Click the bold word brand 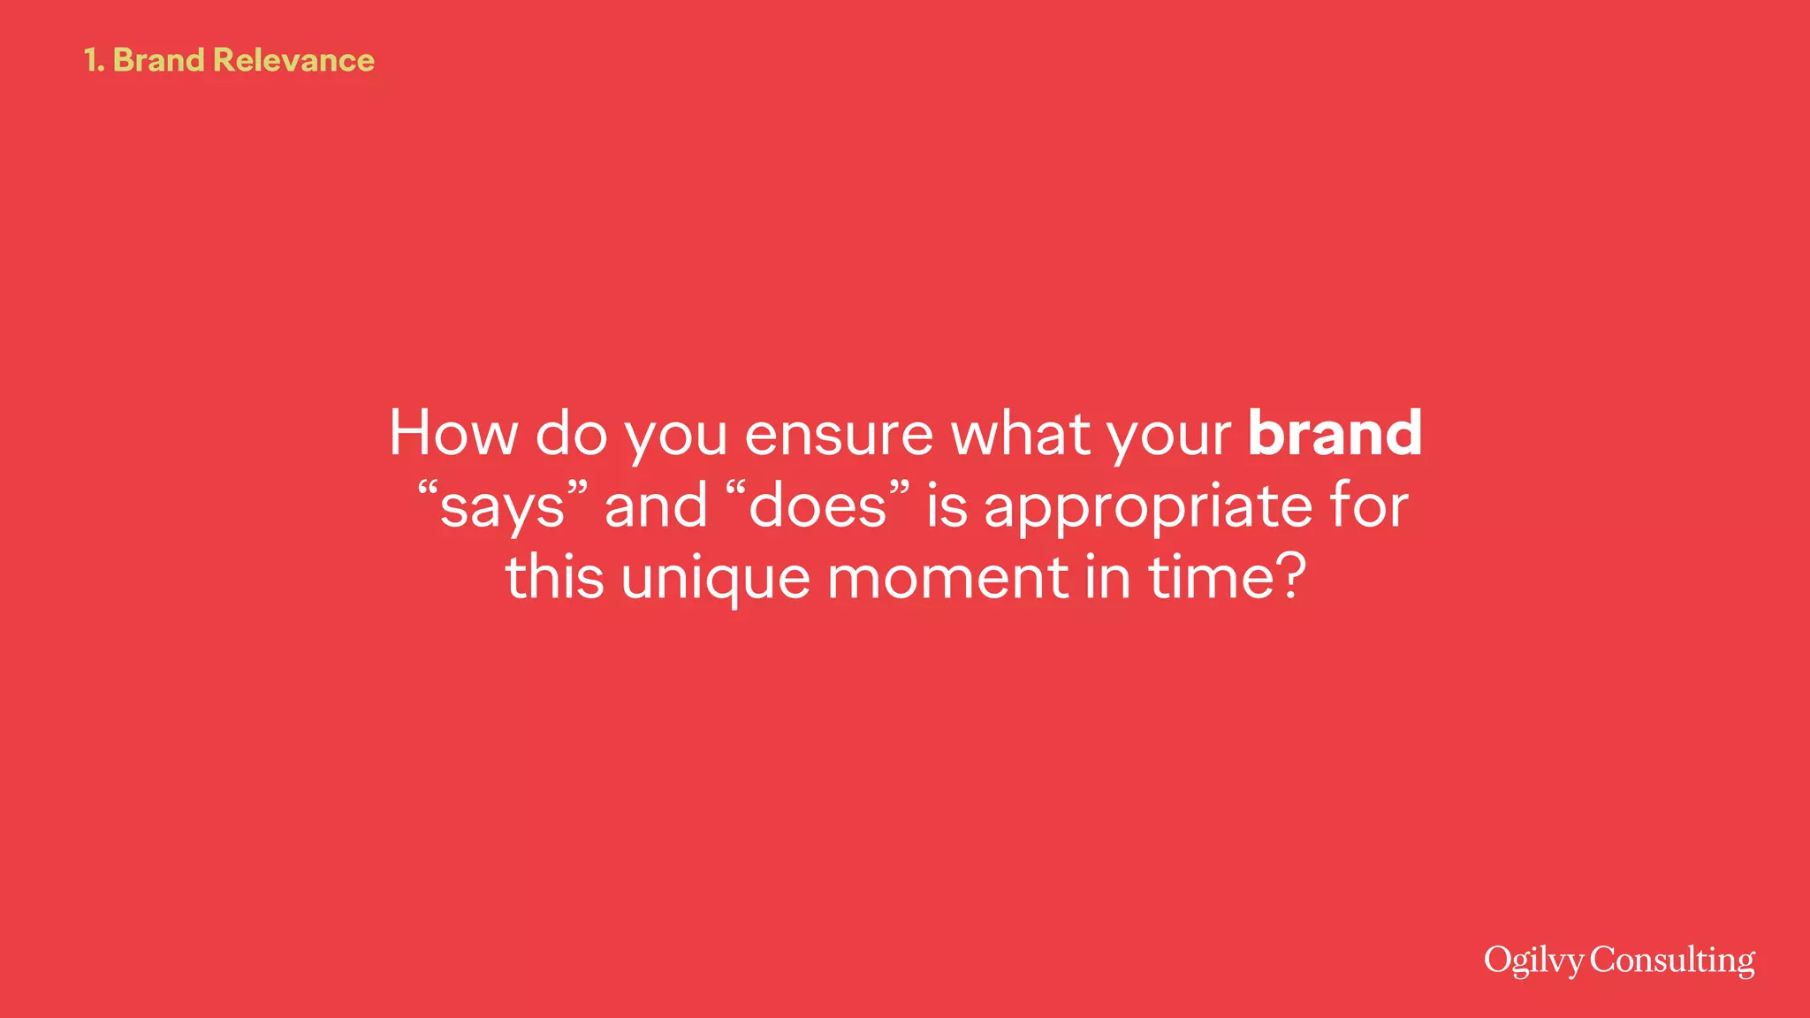pos(1335,433)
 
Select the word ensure pos(839,435)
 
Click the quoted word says pos(502,507)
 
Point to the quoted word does pos(818,505)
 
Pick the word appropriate pos(1148,507)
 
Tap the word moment pos(947,578)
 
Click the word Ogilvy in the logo pos(1533,961)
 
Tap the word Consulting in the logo pos(1672,961)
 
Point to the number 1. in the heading pos(94,60)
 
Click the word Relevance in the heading pos(293,60)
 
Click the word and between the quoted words pos(656,505)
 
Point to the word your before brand pos(1168,435)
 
